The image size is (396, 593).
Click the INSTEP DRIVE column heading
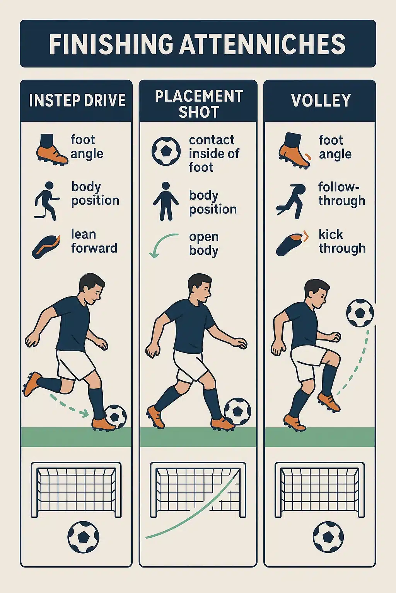[77, 100]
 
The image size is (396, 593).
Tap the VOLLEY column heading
[321, 100]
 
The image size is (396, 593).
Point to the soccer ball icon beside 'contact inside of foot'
[166, 151]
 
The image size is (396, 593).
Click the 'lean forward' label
[94, 241]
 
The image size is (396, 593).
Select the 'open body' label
[204, 243]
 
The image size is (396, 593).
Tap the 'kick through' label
[342, 241]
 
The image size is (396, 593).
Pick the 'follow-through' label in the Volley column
[341, 193]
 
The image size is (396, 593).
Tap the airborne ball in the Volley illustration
[360, 313]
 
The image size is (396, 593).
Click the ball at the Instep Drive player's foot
[116, 416]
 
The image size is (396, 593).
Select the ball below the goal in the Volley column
[328, 537]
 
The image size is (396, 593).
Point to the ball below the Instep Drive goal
[83, 537]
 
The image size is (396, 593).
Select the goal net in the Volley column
[319, 488]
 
